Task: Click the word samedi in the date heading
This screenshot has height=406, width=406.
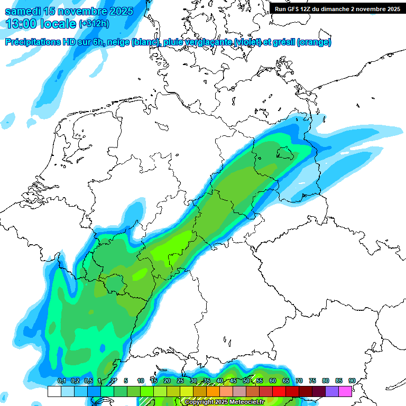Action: [25, 11]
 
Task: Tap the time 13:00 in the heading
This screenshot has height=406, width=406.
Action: [21, 24]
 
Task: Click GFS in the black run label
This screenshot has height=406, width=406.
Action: [298, 9]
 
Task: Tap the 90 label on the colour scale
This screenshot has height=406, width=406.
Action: [352, 381]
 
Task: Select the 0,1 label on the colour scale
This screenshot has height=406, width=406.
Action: [61, 381]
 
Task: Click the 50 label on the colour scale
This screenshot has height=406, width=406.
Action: [246, 381]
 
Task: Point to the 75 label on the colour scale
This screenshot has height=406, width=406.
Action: [312, 381]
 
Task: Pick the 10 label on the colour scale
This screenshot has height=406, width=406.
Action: [141, 381]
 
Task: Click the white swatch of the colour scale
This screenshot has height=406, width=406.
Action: [54, 391]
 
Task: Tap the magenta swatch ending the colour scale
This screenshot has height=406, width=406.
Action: [345, 391]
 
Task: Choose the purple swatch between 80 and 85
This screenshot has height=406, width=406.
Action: [332, 391]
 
